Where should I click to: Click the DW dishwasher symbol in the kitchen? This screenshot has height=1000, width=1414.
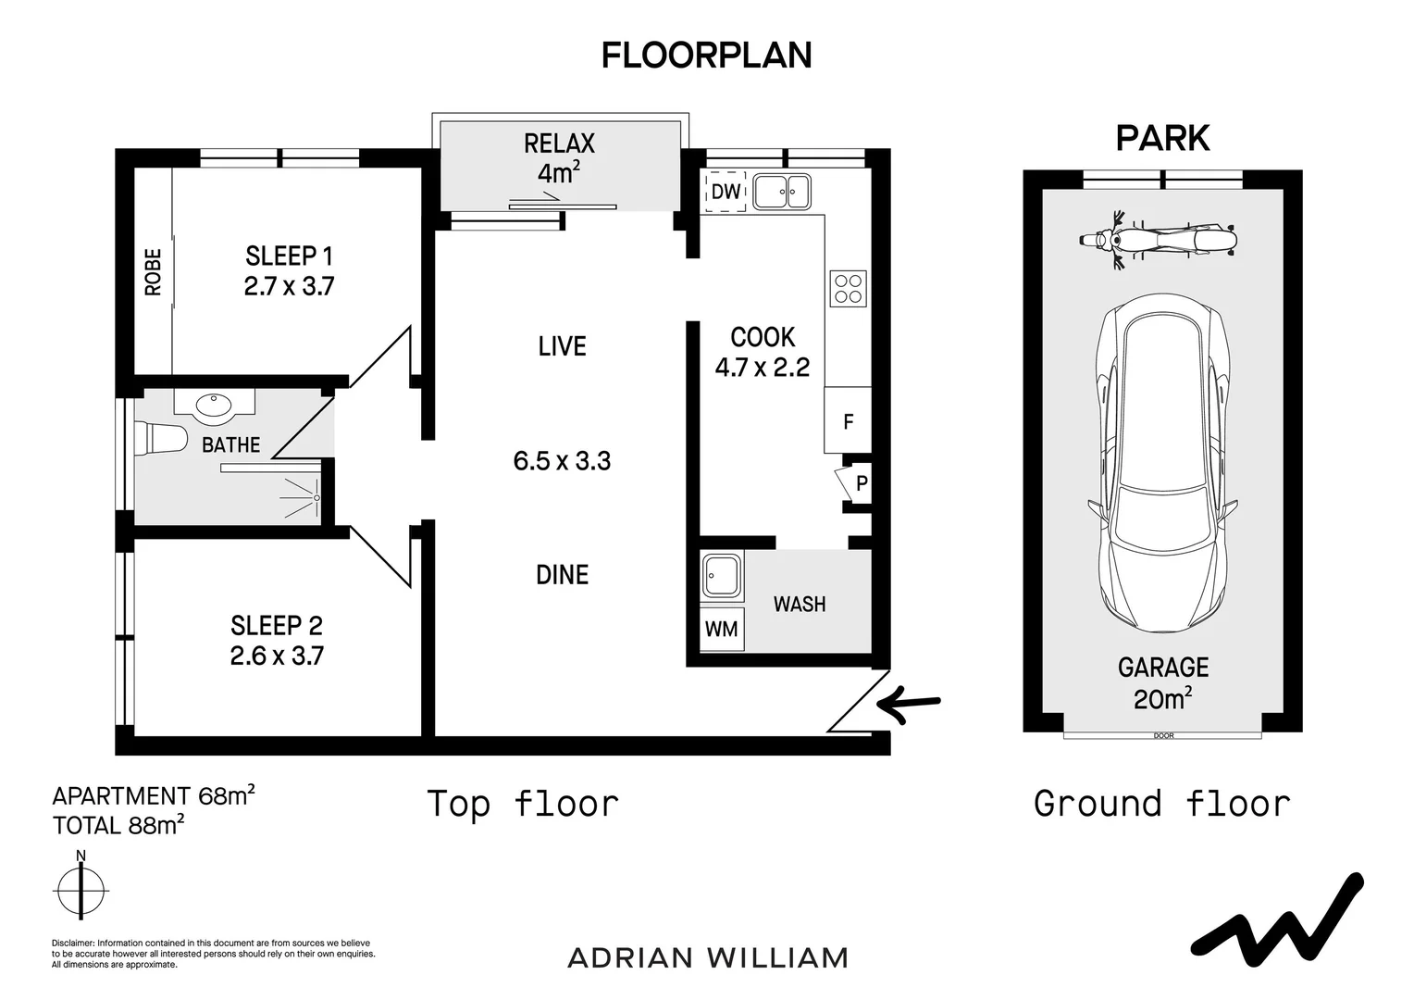[x=726, y=192]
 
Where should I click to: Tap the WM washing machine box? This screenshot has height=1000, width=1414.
[x=722, y=630]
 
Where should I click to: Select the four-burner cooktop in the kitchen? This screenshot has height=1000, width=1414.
[x=848, y=289]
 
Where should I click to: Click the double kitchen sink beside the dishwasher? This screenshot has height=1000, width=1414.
[x=782, y=192]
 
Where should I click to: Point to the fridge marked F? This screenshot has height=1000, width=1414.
[x=848, y=421]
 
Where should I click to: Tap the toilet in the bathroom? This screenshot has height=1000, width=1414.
[x=161, y=438]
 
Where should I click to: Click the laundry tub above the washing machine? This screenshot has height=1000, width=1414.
[x=722, y=576]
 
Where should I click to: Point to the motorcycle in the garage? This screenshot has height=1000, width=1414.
[x=1159, y=241]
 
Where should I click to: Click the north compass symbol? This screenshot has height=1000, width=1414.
[x=81, y=891]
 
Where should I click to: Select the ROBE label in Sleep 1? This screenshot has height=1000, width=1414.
[x=154, y=272]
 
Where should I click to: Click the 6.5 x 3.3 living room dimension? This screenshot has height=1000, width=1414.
[x=562, y=461]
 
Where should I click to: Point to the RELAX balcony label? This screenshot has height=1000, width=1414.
[x=559, y=144]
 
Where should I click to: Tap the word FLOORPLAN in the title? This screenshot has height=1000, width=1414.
[x=706, y=56]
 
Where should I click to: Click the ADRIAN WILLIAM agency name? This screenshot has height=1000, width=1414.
[x=708, y=958]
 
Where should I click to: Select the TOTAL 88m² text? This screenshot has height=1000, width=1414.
[x=118, y=825]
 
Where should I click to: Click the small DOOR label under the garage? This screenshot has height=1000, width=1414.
[x=1163, y=736]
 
